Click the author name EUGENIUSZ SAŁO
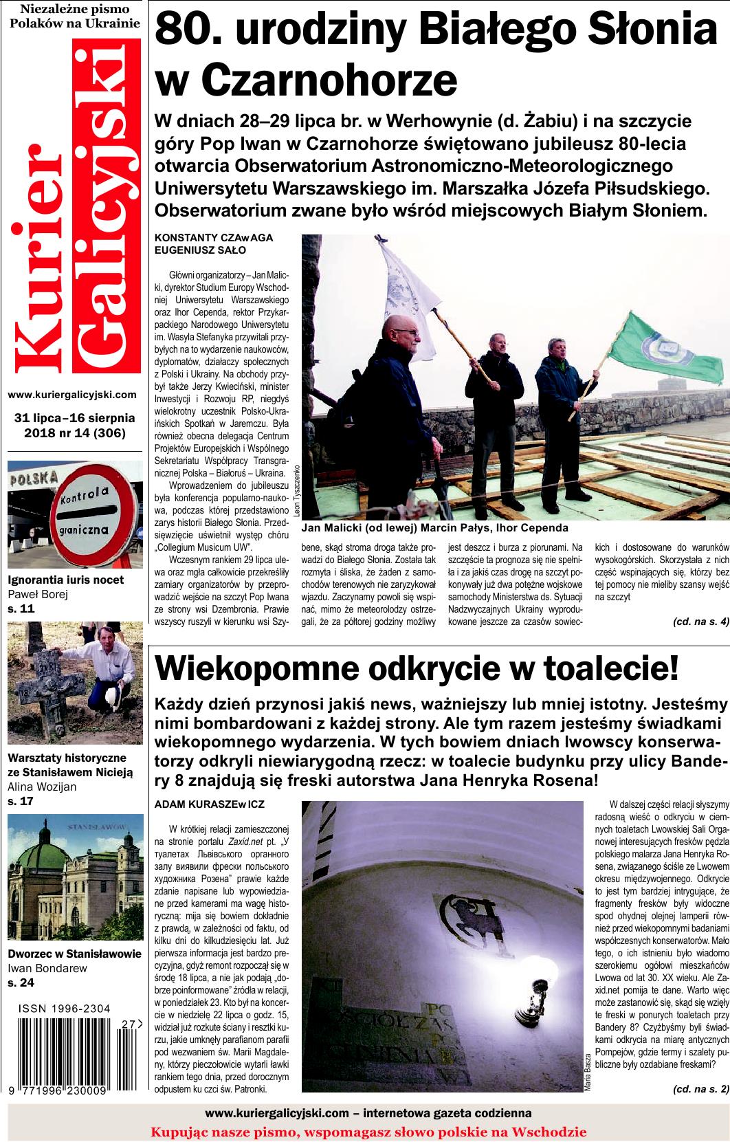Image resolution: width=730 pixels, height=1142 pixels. pyautogui.click(x=200, y=250)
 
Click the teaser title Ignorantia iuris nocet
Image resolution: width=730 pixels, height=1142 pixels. pyautogui.click(x=65, y=579)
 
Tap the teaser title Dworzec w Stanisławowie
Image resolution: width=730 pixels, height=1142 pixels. pyautogui.click(x=74, y=954)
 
